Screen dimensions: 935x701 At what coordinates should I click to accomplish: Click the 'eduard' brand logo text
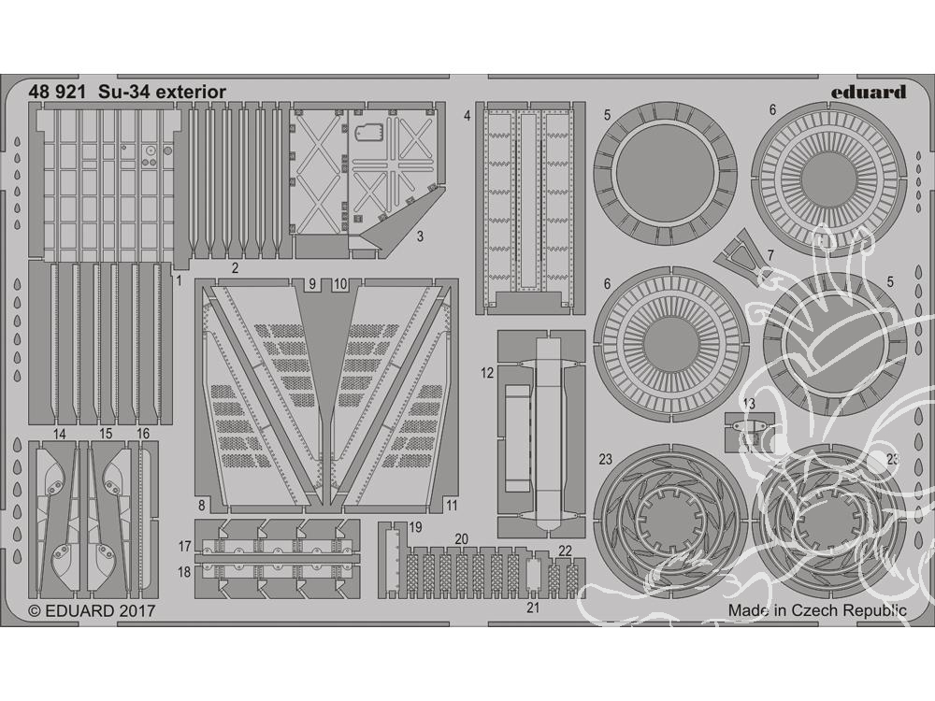[x=869, y=92]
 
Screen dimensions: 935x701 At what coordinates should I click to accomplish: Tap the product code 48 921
[x=56, y=92]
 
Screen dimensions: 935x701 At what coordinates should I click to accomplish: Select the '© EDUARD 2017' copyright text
[x=92, y=611]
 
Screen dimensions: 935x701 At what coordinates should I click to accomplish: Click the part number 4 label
[x=467, y=116]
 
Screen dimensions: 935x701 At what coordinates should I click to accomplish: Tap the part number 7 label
[x=770, y=256]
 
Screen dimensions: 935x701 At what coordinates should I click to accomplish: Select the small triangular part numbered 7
[x=739, y=254]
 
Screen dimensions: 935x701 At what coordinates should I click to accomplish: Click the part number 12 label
[x=487, y=374]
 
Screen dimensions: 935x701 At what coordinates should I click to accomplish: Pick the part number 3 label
[x=420, y=236]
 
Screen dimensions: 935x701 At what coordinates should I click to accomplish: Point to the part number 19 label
[x=416, y=527]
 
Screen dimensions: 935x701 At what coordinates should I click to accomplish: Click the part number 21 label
[x=533, y=608]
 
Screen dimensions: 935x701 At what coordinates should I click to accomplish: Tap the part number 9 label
[x=312, y=284]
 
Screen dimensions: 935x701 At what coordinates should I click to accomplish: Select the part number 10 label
[x=340, y=284]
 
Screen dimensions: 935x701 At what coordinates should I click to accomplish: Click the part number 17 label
[x=184, y=546]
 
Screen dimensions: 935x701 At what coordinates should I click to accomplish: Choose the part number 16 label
[x=143, y=434]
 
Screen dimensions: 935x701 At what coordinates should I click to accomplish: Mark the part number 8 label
[x=202, y=506]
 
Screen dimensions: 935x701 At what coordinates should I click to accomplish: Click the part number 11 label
[x=452, y=506]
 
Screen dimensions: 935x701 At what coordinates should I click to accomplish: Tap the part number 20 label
[x=462, y=539]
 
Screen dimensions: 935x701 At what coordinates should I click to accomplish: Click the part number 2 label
[x=235, y=268]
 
